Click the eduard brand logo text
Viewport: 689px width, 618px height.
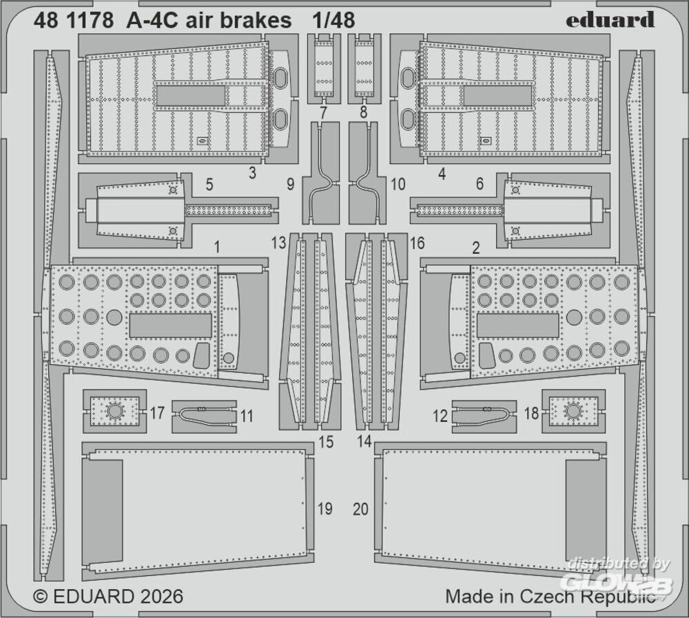(610, 20)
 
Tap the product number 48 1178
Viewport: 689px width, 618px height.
(73, 21)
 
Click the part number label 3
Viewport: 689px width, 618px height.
(252, 173)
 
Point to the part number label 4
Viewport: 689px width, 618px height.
(442, 174)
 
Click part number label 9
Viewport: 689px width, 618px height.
(290, 185)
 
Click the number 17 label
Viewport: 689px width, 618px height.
(157, 414)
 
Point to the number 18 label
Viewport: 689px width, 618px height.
(531, 414)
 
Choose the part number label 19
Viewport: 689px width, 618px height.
(325, 509)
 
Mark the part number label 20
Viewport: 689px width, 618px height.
(360, 509)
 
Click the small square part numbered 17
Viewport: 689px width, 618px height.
(114, 412)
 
